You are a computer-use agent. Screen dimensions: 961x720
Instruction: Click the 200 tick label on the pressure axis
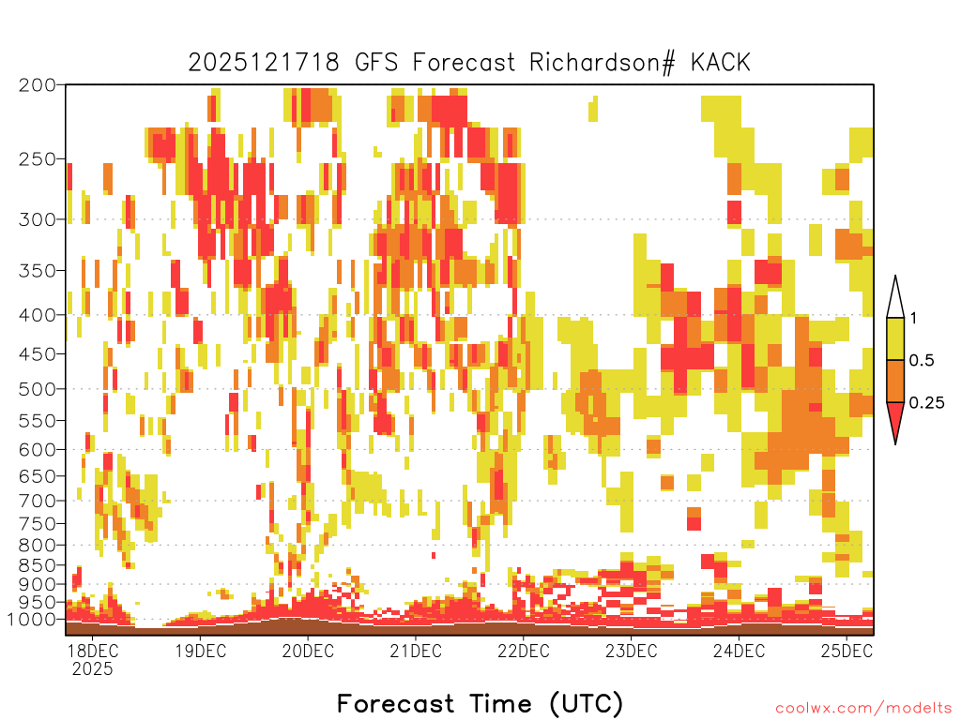pyautogui.click(x=37, y=85)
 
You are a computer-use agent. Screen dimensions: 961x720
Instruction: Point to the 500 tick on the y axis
pyautogui.click(x=37, y=389)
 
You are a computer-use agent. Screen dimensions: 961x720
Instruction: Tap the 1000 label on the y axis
pyautogui.click(x=33, y=620)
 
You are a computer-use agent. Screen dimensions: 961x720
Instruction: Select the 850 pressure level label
pyautogui.click(x=37, y=565)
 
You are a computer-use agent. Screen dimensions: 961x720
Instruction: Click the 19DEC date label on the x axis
pyautogui.click(x=201, y=651)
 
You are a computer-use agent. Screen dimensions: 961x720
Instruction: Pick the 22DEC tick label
pyautogui.click(x=524, y=651)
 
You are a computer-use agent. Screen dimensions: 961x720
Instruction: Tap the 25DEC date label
pyautogui.click(x=847, y=651)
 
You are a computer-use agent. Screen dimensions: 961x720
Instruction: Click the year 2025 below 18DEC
pyautogui.click(x=93, y=669)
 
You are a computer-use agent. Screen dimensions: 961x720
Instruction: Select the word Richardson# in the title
pyautogui.click(x=603, y=63)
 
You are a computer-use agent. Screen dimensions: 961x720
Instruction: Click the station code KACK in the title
pyautogui.click(x=721, y=63)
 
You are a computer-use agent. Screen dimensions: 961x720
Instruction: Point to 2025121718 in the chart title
pyautogui.click(x=264, y=63)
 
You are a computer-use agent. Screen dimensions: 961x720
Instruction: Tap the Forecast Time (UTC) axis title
pyautogui.click(x=480, y=704)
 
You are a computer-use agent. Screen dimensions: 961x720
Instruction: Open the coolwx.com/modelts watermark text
pyautogui.click(x=863, y=709)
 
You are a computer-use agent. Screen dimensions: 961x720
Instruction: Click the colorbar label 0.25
pyautogui.click(x=926, y=403)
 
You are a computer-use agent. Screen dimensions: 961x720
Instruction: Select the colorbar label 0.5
pyautogui.click(x=922, y=361)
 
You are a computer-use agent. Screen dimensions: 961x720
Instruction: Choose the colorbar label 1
pyautogui.click(x=913, y=319)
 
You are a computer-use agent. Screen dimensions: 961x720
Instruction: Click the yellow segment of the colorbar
pyautogui.click(x=895, y=338)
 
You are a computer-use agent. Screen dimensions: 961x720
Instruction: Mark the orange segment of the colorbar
pyautogui.click(x=895, y=381)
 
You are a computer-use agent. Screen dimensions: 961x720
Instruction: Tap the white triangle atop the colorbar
pyautogui.click(x=895, y=301)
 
